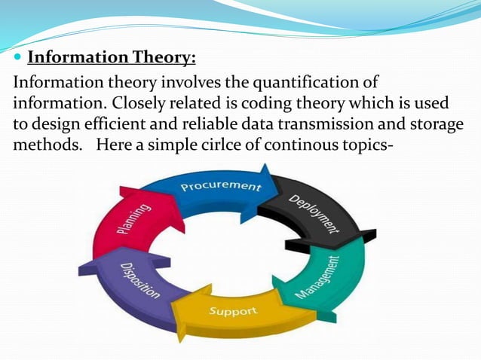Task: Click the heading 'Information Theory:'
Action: tap(111, 57)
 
